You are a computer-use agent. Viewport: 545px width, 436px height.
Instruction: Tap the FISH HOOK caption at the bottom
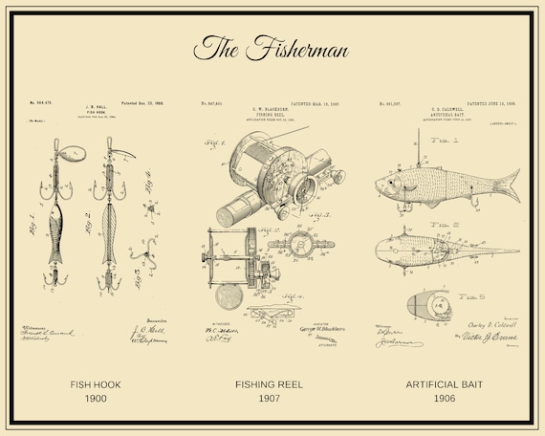[x=96, y=385]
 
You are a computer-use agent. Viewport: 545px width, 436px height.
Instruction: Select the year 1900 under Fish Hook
[x=96, y=399]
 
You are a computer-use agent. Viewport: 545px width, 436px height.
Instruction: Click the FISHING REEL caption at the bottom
[x=272, y=385]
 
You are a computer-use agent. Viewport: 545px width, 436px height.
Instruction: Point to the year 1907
[x=272, y=399]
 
